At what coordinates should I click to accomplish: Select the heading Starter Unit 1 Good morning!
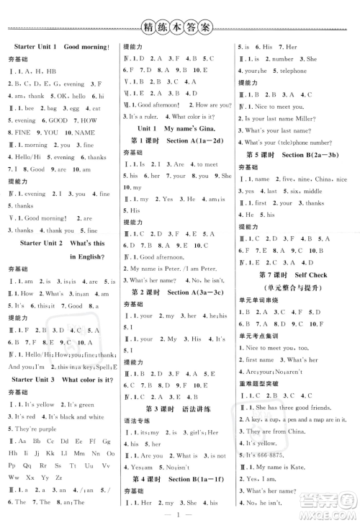[62, 48]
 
